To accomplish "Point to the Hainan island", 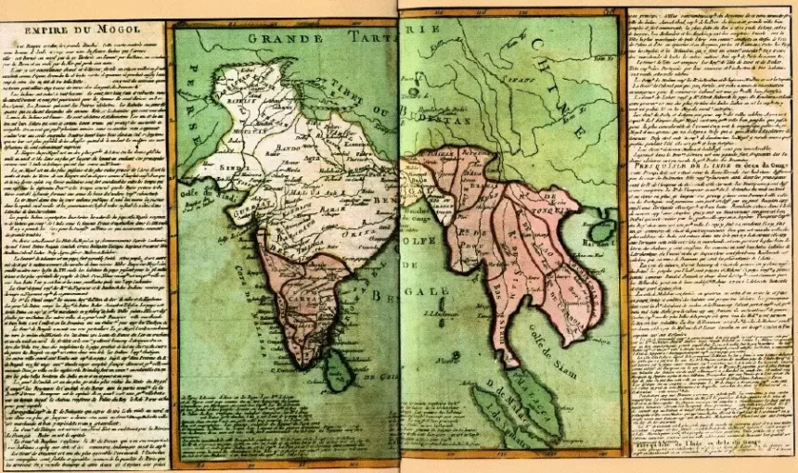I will (602, 228).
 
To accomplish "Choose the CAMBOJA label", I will (557, 288).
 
